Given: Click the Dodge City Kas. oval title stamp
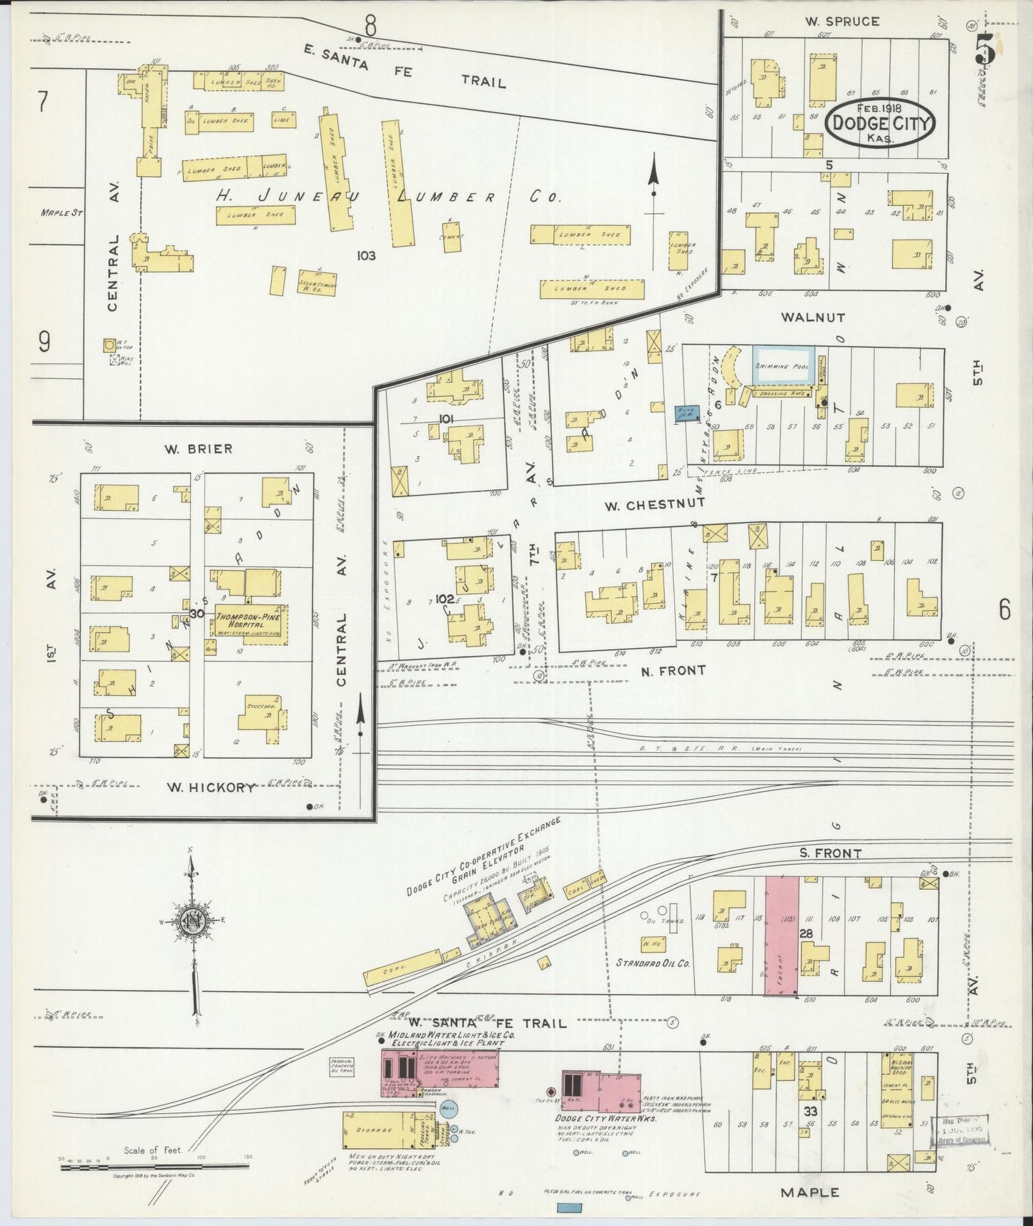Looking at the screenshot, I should point(879,125).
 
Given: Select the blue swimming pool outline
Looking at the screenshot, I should point(783,365).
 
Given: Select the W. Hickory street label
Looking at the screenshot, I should point(210,788).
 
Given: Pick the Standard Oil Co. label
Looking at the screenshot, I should point(653,963).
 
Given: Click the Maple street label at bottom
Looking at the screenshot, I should point(810,1192).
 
